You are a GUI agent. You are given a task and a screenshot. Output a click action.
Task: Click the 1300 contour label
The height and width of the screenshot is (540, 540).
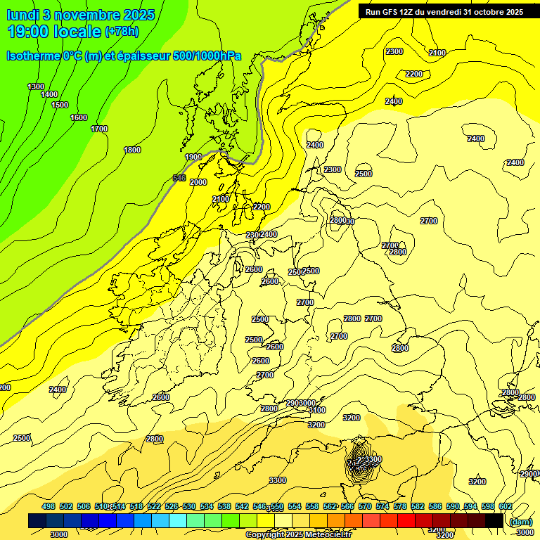[x=36, y=86]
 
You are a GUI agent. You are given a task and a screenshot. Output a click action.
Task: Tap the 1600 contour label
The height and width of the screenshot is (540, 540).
[x=79, y=117]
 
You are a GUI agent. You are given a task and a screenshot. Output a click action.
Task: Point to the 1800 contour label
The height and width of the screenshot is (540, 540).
[x=132, y=150]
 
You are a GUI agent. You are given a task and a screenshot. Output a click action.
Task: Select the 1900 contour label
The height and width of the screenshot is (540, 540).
[x=193, y=157]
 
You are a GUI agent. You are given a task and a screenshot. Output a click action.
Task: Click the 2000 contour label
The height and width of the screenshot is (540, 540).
[x=198, y=182]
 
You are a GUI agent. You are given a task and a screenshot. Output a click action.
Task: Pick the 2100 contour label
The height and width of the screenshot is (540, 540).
[x=437, y=53]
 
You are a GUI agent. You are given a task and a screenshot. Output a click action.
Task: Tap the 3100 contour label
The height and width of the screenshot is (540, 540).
[x=316, y=410]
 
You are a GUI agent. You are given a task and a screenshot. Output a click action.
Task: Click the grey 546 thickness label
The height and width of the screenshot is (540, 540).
[x=179, y=178]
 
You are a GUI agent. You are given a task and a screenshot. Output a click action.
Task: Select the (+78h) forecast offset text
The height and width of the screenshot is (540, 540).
[x=122, y=32]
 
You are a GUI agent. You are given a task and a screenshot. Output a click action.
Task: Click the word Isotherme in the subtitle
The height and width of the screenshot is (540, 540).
[x=32, y=56]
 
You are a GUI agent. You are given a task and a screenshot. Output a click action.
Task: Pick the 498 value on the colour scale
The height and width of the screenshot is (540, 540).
[x=49, y=506]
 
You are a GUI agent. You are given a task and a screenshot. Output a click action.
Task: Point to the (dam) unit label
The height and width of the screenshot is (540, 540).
[x=521, y=521]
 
